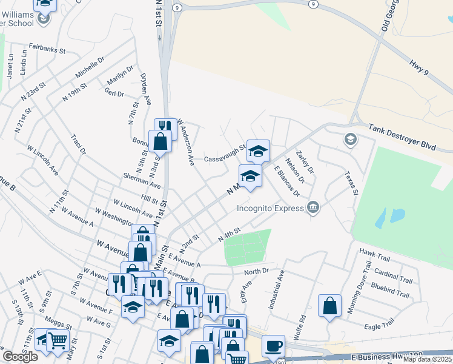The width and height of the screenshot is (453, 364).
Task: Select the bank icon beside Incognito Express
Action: click(312, 208)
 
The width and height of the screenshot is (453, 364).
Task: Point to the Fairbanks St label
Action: click(47, 48)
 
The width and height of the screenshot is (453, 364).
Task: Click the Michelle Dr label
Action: click(90, 67)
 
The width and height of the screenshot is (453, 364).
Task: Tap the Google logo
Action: click(21, 357)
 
